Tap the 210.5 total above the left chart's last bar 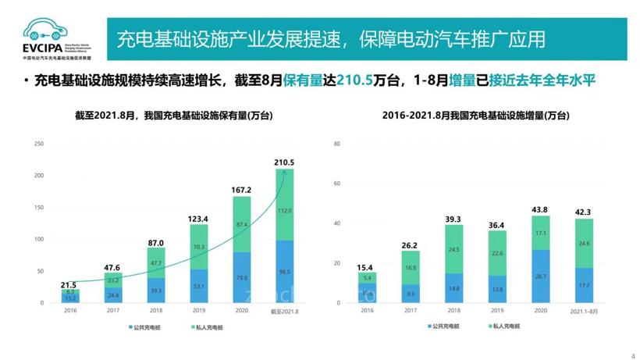click(x=284, y=162)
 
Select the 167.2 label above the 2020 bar click(x=241, y=190)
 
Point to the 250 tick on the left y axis click(x=37, y=144)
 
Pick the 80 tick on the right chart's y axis click(x=336, y=144)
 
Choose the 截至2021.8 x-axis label click(x=284, y=310)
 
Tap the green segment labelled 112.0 click(x=284, y=210)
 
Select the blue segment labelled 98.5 click(x=284, y=271)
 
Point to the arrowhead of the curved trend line click(x=284, y=173)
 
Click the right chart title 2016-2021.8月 click(x=476, y=116)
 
